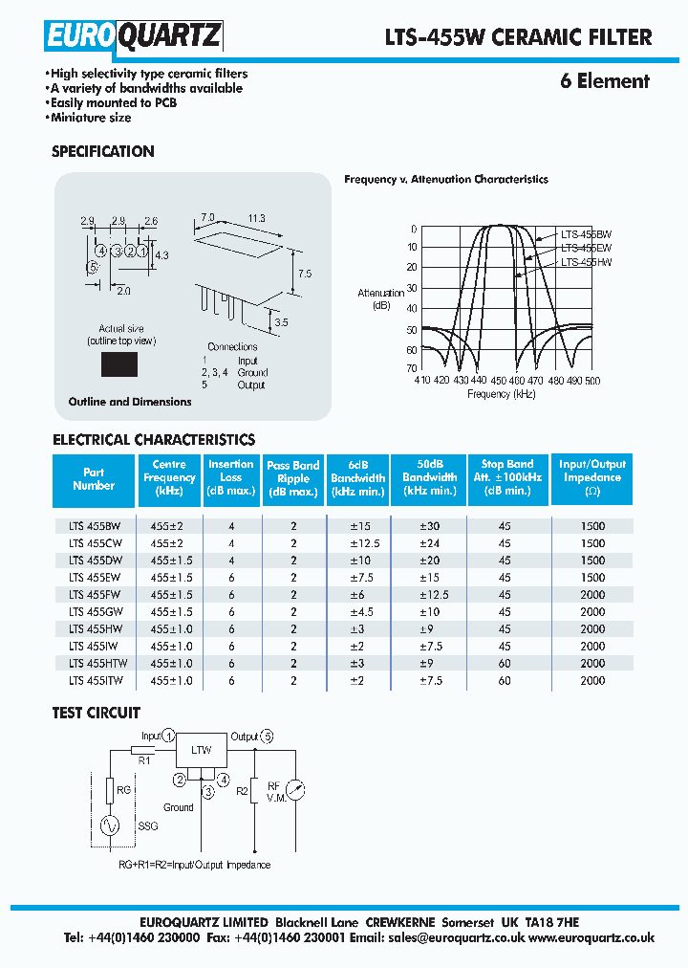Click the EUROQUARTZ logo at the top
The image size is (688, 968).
click(x=134, y=36)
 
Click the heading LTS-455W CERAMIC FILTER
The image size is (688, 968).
click(x=518, y=37)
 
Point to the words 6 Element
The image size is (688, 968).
click(x=604, y=81)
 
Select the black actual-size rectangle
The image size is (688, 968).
click(x=119, y=364)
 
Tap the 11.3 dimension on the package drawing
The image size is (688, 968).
click(x=256, y=219)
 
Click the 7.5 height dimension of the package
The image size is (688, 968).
click(x=304, y=274)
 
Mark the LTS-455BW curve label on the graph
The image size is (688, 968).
click(x=586, y=233)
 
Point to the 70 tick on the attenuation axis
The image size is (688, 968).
click(x=411, y=368)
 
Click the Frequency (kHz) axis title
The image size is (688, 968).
click(x=502, y=394)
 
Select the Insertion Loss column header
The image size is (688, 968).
click(x=231, y=478)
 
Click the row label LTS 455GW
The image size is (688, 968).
click(x=95, y=611)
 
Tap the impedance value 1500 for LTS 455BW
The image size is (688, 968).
click(x=592, y=525)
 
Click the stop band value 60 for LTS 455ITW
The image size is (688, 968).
click(x=505, y=680)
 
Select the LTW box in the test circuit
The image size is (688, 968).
click(x=201, y=751)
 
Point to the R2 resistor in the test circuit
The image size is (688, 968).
click(x=254, y=791)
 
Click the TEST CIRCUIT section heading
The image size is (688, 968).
click(x=96, y=713)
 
